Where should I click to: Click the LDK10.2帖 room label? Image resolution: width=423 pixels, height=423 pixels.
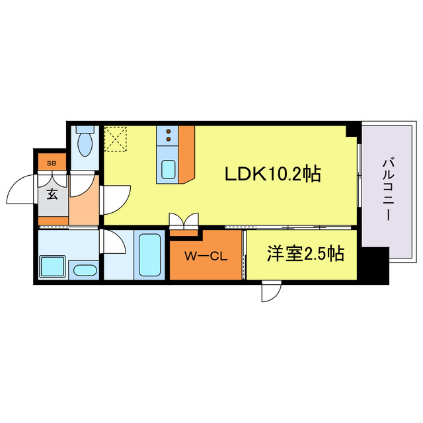273,174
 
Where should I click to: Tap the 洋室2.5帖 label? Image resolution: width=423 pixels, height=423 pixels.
305,254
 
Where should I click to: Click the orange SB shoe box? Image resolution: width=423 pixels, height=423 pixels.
51,161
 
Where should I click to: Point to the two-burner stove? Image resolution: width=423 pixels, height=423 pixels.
169,135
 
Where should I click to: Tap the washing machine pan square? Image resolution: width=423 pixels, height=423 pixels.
52,266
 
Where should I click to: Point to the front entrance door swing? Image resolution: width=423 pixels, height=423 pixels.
21,192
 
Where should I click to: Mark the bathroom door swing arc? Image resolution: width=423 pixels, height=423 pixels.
114,243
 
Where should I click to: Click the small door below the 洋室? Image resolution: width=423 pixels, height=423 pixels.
271,291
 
